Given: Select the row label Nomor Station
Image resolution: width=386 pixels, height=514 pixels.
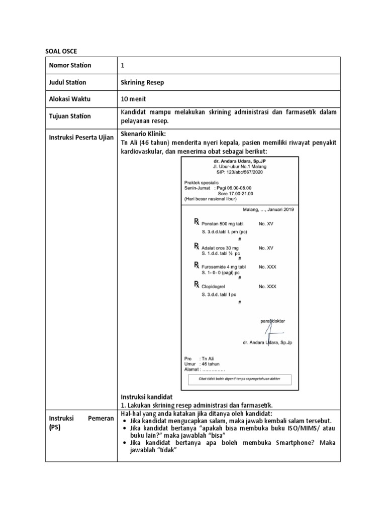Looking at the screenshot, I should [70, 65].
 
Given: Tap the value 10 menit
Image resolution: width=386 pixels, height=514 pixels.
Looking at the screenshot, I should [134, 99].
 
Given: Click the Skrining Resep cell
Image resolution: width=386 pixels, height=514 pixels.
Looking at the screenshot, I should [142, 82].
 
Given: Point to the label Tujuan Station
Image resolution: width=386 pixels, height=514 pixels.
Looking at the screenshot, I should [70, 116].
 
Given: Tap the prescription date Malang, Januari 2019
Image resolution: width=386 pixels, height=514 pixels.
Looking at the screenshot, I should [268, 209].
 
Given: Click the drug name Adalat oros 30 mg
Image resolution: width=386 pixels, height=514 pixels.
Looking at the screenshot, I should [220, 248].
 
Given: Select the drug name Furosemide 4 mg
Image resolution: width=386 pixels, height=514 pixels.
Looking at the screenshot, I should [224, 267].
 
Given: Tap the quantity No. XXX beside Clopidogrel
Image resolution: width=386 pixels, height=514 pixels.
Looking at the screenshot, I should [267, 286].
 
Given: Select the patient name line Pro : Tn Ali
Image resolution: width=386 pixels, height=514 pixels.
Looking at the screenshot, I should [201, 358].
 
